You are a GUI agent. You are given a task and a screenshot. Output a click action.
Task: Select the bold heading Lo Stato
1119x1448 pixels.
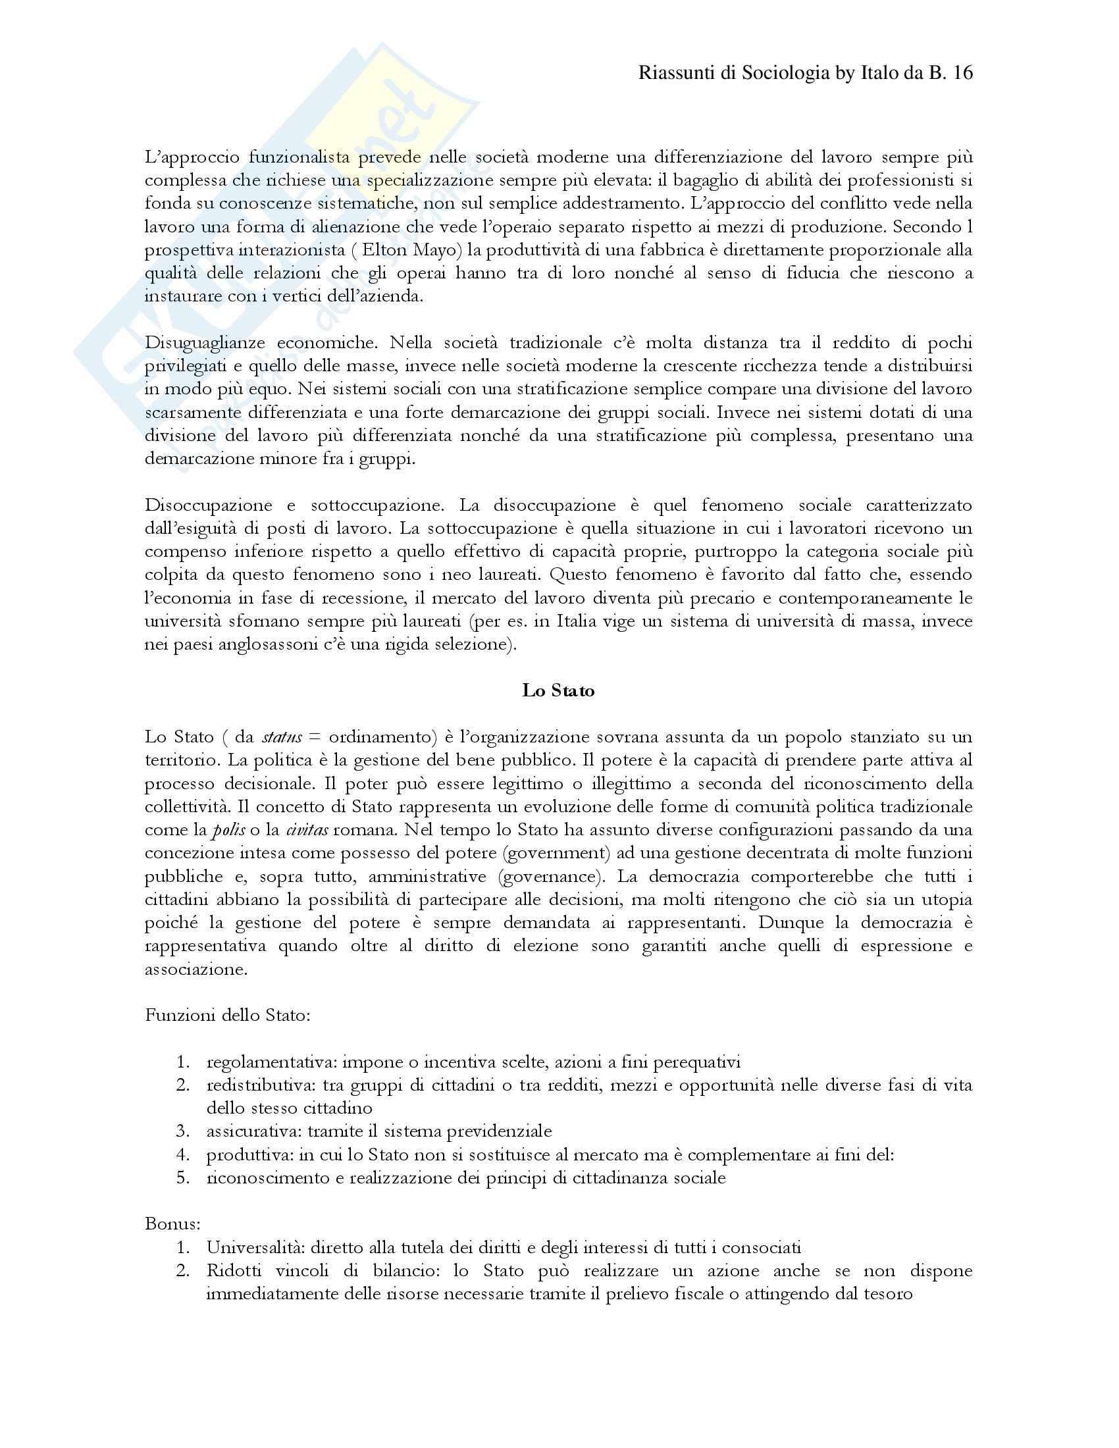(x=558, y=690)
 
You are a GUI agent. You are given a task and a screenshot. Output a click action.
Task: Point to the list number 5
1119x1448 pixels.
(x=183, y=1177)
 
